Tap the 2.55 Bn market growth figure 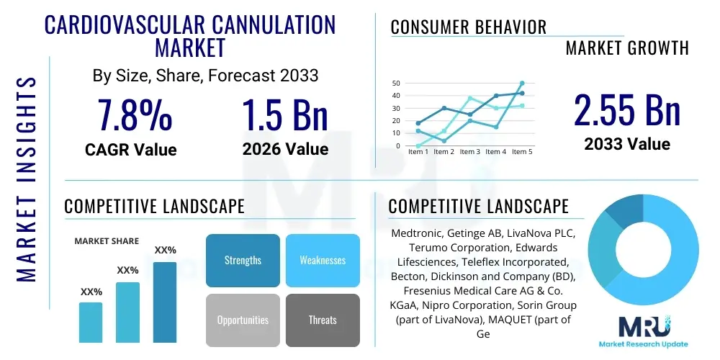[x=626, y=110]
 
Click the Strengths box [x=243, y=260]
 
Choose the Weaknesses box [x=323, y=260]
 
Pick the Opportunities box [x=243, y=320]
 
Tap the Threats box [x=323, y=320]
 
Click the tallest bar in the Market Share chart [x=165, y=302]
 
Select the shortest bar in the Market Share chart [x=91, y=322]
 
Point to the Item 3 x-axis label [x=469, y=152]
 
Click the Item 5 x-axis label [x=521, y=152]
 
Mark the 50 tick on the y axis [x=395, y=84]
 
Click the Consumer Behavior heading [x=469, y=27]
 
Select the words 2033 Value [x=626, y=143]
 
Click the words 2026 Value [x=285, y=149]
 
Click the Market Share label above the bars [x=107, y=241]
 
